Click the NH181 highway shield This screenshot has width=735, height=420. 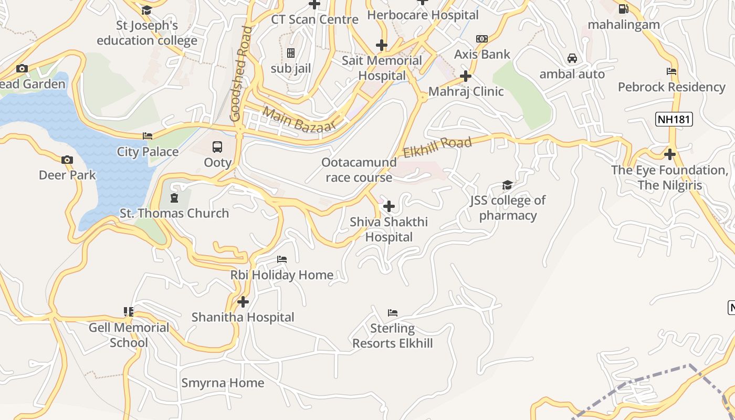674,120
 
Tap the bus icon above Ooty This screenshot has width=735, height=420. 217,147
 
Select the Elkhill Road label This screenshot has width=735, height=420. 437,146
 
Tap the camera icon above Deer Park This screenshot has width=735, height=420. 67,160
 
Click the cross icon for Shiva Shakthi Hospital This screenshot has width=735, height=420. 389,206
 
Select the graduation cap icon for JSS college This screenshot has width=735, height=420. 507,185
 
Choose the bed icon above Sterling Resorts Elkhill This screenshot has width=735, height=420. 393,313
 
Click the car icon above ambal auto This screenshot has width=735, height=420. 572,58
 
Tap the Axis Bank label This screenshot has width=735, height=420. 482,54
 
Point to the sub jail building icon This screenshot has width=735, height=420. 291,53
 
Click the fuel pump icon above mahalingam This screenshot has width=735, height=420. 624,8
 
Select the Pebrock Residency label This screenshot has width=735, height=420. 671,87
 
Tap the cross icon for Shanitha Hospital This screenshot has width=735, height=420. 243,302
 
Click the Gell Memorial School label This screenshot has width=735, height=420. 129,335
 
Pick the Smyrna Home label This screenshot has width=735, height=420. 223,383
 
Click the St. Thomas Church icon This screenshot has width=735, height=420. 174,198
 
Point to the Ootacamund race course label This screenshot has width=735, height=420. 359,170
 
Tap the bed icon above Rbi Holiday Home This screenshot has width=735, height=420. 282,259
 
